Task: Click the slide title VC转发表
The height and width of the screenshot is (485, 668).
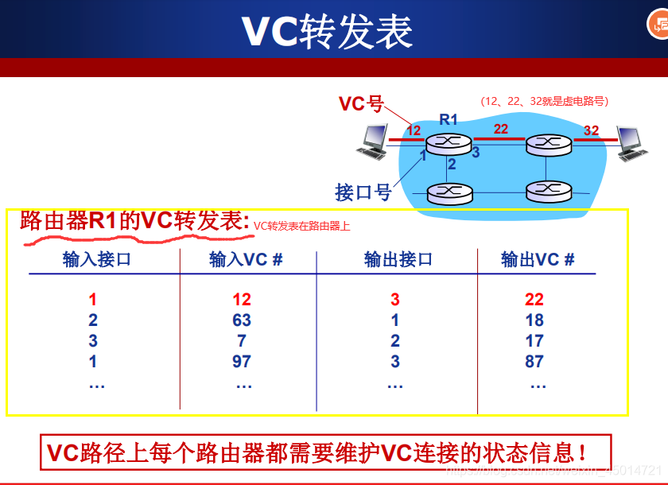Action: tap(327, 32)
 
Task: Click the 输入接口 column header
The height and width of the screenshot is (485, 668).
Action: tap(97, 260)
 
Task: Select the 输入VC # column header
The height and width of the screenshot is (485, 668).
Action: tap(246, 260)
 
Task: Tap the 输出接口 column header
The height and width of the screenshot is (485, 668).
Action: tap(398, 260)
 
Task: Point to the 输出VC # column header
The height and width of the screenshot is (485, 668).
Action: tap(538, 260)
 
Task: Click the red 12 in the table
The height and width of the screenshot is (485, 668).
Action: tap(242, 300)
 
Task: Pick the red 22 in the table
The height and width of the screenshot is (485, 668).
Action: tap(534, 300)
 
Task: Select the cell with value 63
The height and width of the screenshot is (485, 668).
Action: tap(242, 320)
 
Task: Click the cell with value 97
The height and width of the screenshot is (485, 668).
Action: tap(242, 362)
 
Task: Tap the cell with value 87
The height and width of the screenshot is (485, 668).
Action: tap(534, 362)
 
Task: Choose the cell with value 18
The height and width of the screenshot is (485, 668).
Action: tap(534, 320)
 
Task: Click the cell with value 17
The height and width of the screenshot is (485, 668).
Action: tap(534, 341)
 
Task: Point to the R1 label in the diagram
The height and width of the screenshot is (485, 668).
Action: tap(449, 120)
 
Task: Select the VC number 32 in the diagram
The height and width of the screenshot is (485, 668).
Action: tap(591, 130)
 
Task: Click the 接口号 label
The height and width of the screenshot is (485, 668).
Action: tap(363, 192)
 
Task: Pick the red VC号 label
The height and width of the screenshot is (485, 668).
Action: tap(361, 104)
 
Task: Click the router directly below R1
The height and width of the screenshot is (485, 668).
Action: tap(449, 192)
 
